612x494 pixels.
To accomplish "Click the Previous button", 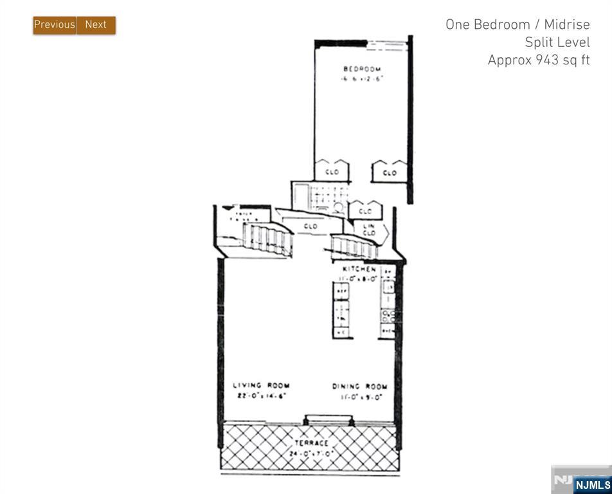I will tap(55, 24).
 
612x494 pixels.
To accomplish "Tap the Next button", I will tap(96, 24).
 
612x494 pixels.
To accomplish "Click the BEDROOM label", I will tap(362, 69).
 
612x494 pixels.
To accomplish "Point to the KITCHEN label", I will tap(359, 269).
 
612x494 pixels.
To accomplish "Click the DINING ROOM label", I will tap(359, 387).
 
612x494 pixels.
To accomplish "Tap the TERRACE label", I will tap(311, 443).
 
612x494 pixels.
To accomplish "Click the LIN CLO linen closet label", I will tap(369, 230).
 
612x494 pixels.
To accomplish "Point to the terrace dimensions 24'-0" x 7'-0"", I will tap(311, 453).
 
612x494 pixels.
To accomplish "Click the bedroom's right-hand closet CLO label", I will tap(390, 172).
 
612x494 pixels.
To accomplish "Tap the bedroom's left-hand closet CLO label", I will tap(332, 172).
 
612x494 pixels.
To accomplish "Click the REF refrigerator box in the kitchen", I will tap(342, 291).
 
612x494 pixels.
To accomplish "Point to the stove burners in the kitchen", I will tap(388, 315).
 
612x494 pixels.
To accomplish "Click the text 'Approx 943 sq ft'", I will tap(538, 60).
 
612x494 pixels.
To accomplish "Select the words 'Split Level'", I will tap(557, 42).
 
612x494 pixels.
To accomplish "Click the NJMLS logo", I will tap(592, 484).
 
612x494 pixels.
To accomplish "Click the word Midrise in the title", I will tap(566, 24).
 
